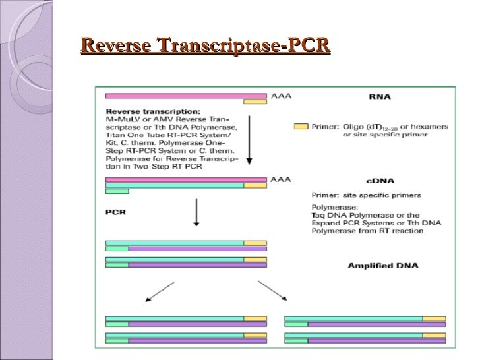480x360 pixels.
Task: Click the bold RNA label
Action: coord(379,97)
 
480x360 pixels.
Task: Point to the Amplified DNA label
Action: coord(382,266)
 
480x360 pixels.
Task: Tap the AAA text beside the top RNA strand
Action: coord(281,95)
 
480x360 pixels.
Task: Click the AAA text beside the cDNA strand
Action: coord(281,179)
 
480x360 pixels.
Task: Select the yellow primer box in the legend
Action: coord(301,126)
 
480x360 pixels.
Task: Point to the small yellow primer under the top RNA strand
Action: coord(255,102)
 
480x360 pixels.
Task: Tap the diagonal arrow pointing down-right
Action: coord(272,292)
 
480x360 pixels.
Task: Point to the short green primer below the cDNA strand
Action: coord(117,192)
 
